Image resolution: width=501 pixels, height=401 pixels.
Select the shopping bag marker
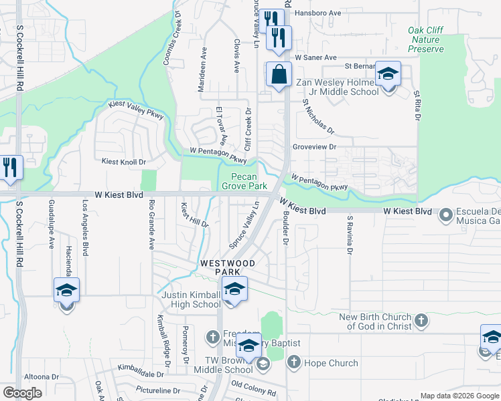(x=278, y=75)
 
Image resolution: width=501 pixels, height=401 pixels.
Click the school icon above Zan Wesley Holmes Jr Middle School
(x=387, y=74)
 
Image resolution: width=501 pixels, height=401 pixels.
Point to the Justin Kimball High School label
(x=191, y=299)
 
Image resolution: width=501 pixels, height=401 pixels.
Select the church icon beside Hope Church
(x=293, y=363)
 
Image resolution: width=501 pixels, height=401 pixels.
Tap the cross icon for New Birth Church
(x=421, y=321)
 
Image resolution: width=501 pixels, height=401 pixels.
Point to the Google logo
(x=22, y=392)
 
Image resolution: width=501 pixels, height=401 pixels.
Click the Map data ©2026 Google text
(x=459, y=396)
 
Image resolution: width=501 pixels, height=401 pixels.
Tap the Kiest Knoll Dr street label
(x=124, y=162)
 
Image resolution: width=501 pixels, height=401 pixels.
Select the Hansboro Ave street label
(x=319, y=13)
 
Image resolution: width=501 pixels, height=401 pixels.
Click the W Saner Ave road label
(x=315, y=57)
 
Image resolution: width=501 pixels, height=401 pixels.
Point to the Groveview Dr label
(x=314, y=146)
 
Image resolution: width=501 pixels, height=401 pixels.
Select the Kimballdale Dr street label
(x=141, y=372)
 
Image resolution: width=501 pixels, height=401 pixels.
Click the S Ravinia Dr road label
(x=349, y=235)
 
